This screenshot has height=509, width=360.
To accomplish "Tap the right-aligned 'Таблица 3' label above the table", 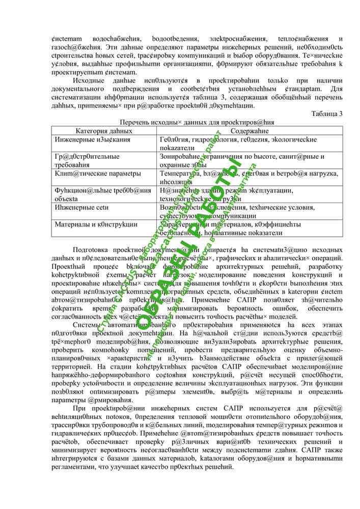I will coord(327,114).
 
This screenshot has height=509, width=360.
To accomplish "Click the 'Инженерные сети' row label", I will coord(82,207).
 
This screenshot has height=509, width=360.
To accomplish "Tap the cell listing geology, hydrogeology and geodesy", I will coord(238,143).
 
